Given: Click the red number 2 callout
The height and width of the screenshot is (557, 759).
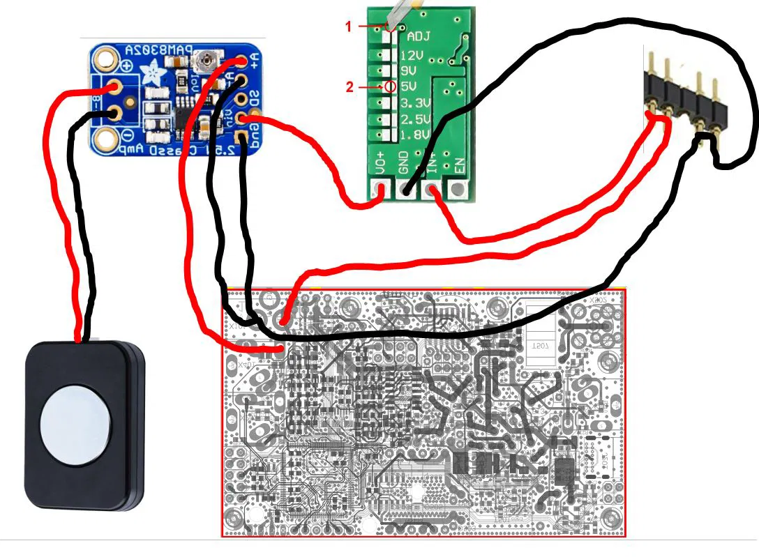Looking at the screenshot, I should pyautogui.click(x=350, y=87).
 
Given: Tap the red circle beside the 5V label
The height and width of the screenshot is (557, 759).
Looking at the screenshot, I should pyautogui.click(x=390, y=87).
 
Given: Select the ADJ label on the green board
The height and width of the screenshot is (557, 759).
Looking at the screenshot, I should pyautogui.click(x=419, y=37).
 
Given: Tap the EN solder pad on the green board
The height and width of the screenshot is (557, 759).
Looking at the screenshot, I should pyautogui.click(x=458, y=188).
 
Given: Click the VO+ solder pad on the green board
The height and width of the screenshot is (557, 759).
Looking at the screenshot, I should pyautogui.click(x=380, y=188).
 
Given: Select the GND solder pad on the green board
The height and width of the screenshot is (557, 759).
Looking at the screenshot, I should pyautogui.click(x=405, y=188).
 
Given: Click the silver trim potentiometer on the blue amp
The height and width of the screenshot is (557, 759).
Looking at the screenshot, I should pyautogui.click(x=205, y=63).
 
